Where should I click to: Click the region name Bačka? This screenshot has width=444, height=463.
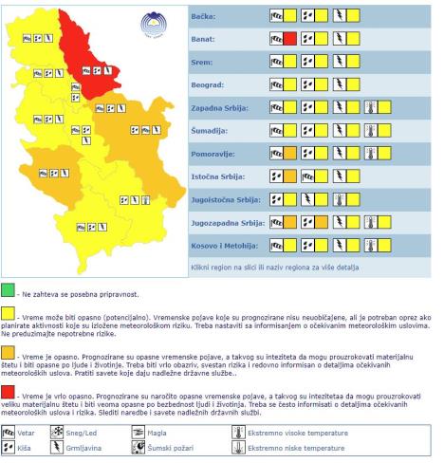pyautogui.click(x=204, y=16)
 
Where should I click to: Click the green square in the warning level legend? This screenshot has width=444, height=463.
pyautogui.click(x=8, y=288)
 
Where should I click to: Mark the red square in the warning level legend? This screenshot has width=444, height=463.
pyautogui.click(x=8, y=393)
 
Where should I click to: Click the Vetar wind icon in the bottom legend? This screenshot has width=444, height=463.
pyautogui.click(x=9, y=431)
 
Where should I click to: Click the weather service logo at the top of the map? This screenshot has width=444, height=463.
pyautogui.click(x=153, y=25)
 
